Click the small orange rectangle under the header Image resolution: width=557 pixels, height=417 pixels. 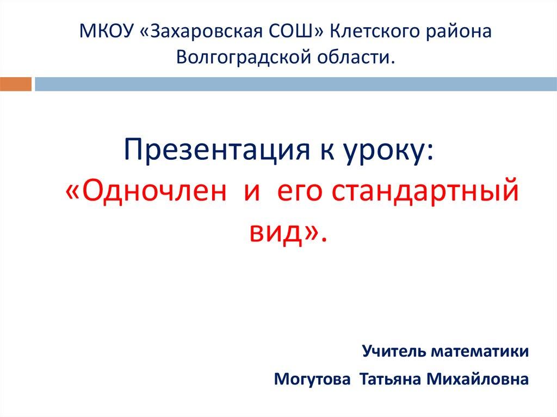point(15,84)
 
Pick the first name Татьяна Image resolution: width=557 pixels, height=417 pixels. point(391,379)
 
